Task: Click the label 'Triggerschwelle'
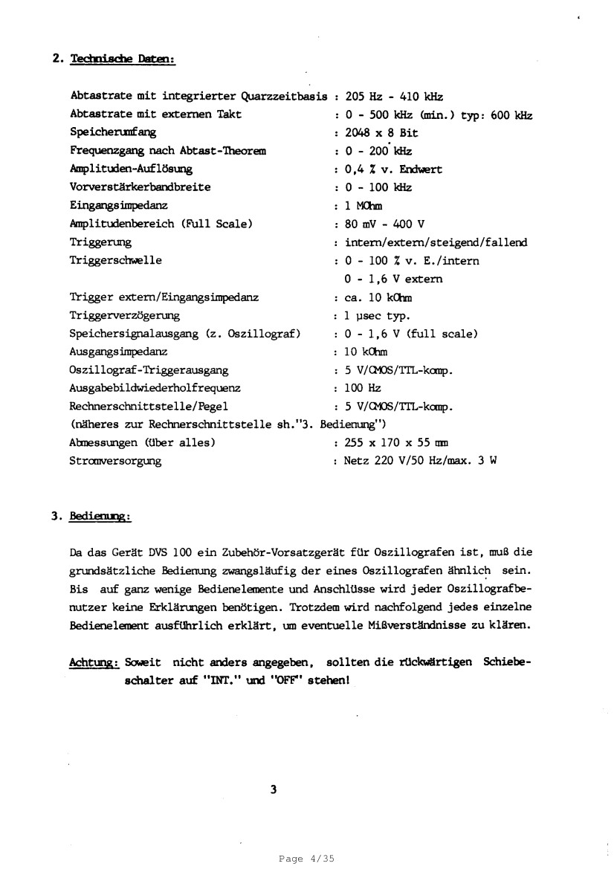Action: (x=115, y=261)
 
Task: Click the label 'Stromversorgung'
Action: (x=115, y=461)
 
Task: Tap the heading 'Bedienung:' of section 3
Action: (x=100, y=514)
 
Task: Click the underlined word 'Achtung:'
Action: (x=94, y=661)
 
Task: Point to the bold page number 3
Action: (x=274, y=790)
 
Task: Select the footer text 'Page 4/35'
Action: (x=307, y=859)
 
